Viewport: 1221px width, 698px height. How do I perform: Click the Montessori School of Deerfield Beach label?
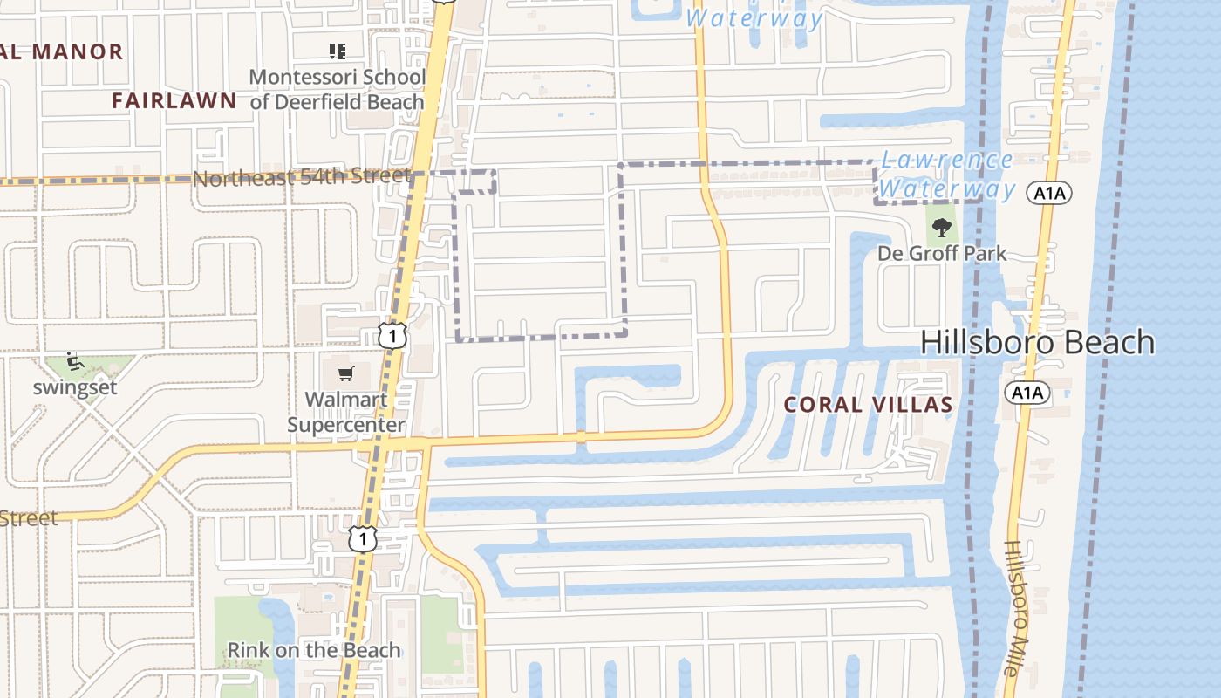(338, 89)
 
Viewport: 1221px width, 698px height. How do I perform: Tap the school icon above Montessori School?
(337, 51)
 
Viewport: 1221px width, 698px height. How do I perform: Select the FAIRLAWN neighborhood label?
(174, 100)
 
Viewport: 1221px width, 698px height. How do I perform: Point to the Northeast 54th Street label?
(301, 177)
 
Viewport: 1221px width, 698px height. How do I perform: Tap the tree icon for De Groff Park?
(941, 229)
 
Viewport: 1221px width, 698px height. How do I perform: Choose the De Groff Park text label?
(941, 254)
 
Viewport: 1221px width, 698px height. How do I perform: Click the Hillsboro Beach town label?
(1037, 342)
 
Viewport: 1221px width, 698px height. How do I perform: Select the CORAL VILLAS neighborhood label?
(868, 405)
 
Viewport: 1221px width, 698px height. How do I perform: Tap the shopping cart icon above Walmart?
(346, 374)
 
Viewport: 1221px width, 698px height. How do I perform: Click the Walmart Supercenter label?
(346, 412)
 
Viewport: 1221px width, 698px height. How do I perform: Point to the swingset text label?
(75, 387)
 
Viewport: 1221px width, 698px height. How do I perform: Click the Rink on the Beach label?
(313, 650)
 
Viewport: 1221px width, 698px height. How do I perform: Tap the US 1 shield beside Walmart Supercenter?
(392, 334)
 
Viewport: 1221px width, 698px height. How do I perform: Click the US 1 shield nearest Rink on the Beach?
(363, 538)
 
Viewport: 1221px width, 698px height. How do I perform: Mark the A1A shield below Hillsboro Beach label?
(1027, 393)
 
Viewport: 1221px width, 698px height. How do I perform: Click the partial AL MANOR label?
(61, 51)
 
